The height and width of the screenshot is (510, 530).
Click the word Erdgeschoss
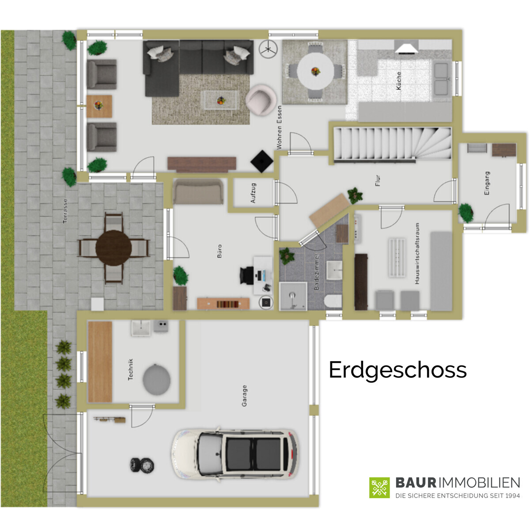(x=397, y=370)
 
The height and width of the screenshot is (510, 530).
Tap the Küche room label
(x=399, y=81)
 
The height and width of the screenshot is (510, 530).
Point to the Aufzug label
(x=253, y=193)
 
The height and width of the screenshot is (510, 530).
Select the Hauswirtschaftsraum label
(x=416, y=253)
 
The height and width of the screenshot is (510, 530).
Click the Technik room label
(x=130, y=369)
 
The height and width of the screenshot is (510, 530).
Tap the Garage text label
(x=244, y=396)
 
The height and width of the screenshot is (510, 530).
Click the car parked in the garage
(x=235, y=453)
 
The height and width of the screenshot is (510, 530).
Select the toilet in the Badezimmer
(x=333, y=302)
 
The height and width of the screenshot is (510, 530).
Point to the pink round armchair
(x=261, y=99)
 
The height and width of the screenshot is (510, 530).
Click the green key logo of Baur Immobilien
(x=379, y=487)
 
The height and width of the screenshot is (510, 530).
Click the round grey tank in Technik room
(x=156, y=379)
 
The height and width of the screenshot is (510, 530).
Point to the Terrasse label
(x=65, y=211)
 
